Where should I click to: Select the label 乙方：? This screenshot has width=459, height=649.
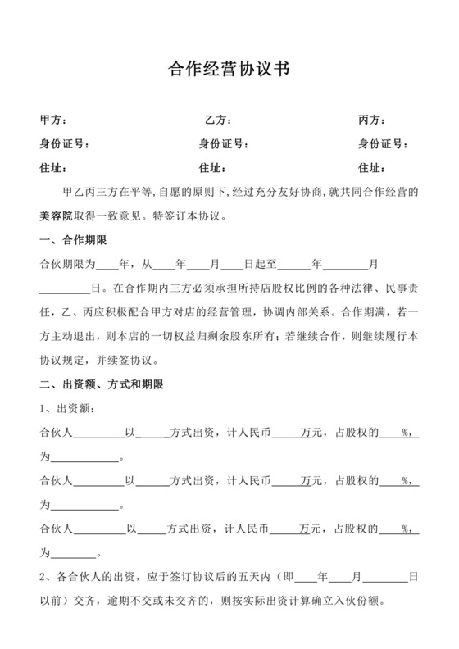219,120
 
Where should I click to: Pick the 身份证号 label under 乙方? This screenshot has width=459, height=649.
224,145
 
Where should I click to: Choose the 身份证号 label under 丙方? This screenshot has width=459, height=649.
384,145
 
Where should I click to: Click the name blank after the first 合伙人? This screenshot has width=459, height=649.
99,433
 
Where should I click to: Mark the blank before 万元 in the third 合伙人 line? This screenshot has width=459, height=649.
284,529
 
